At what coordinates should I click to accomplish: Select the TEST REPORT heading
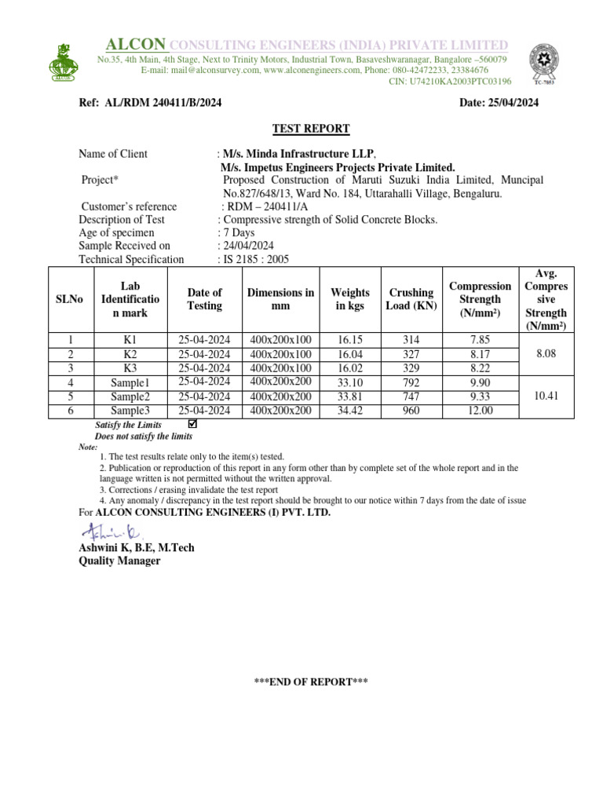tap(311, 129)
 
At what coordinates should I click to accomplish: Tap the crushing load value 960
tap(411, 411)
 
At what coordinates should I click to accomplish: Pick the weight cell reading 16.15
tap(349, 340)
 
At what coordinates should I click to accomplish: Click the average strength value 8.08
tap(546, 354)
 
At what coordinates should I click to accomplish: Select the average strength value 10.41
tap(546, 397)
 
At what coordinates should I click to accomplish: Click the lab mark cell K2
tap(130, 354)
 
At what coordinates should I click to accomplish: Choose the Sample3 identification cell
tap(130, 411)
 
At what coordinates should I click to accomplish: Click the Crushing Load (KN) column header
tap(411, 299)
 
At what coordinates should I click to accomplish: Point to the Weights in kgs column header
tap(349, 299)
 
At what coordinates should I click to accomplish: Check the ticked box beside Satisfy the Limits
tap(193, 424)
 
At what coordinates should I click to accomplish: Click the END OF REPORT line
tap(311, 682)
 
